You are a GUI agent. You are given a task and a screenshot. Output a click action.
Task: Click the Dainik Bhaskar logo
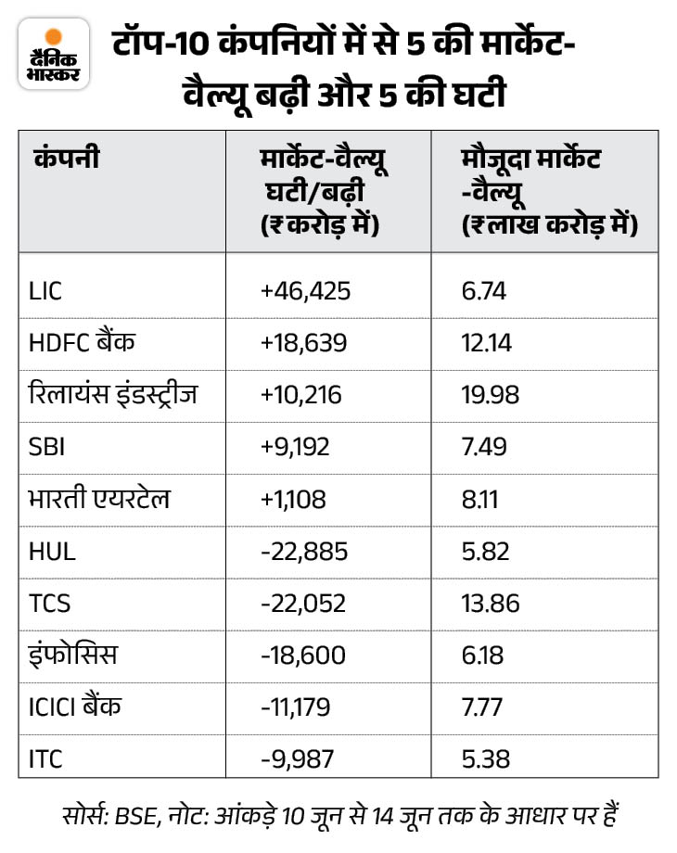pyautogui.click(x=53, y=55)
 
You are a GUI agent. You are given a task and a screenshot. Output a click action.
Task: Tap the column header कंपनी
pyautogui.click(x=66, y=159)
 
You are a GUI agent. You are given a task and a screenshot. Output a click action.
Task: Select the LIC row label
pyautogui.click(x=46, y=292)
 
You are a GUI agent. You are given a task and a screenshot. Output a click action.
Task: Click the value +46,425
pyautogui.click(x=306, y=292)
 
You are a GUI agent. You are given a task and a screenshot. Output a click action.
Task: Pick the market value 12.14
pyautogui.click(x=488, y=343)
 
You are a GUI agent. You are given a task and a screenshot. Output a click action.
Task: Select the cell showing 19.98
pyautogui.click(x=490, y=395)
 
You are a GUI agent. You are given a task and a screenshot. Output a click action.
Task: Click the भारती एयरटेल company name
pyautogui.click(x=100, y=499)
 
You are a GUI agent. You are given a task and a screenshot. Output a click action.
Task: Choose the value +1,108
pyautogui.click(x=294, y=499)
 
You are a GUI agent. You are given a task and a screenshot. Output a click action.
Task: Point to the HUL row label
pyautogui.click(x=52, y=551)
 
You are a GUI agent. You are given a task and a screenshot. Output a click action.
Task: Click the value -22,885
pyautogui.click(x=304, y=551)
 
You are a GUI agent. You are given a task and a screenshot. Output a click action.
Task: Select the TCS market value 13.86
pyautogui.click(x=490, y=603)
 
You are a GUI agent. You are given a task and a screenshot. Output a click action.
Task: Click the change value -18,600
pyautogui.click(x=303, y=655)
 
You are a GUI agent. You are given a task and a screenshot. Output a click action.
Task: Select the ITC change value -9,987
pyautogui.click(x=299, y=758)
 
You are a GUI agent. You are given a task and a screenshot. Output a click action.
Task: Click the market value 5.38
pyautogui.click(x=484, y=758)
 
